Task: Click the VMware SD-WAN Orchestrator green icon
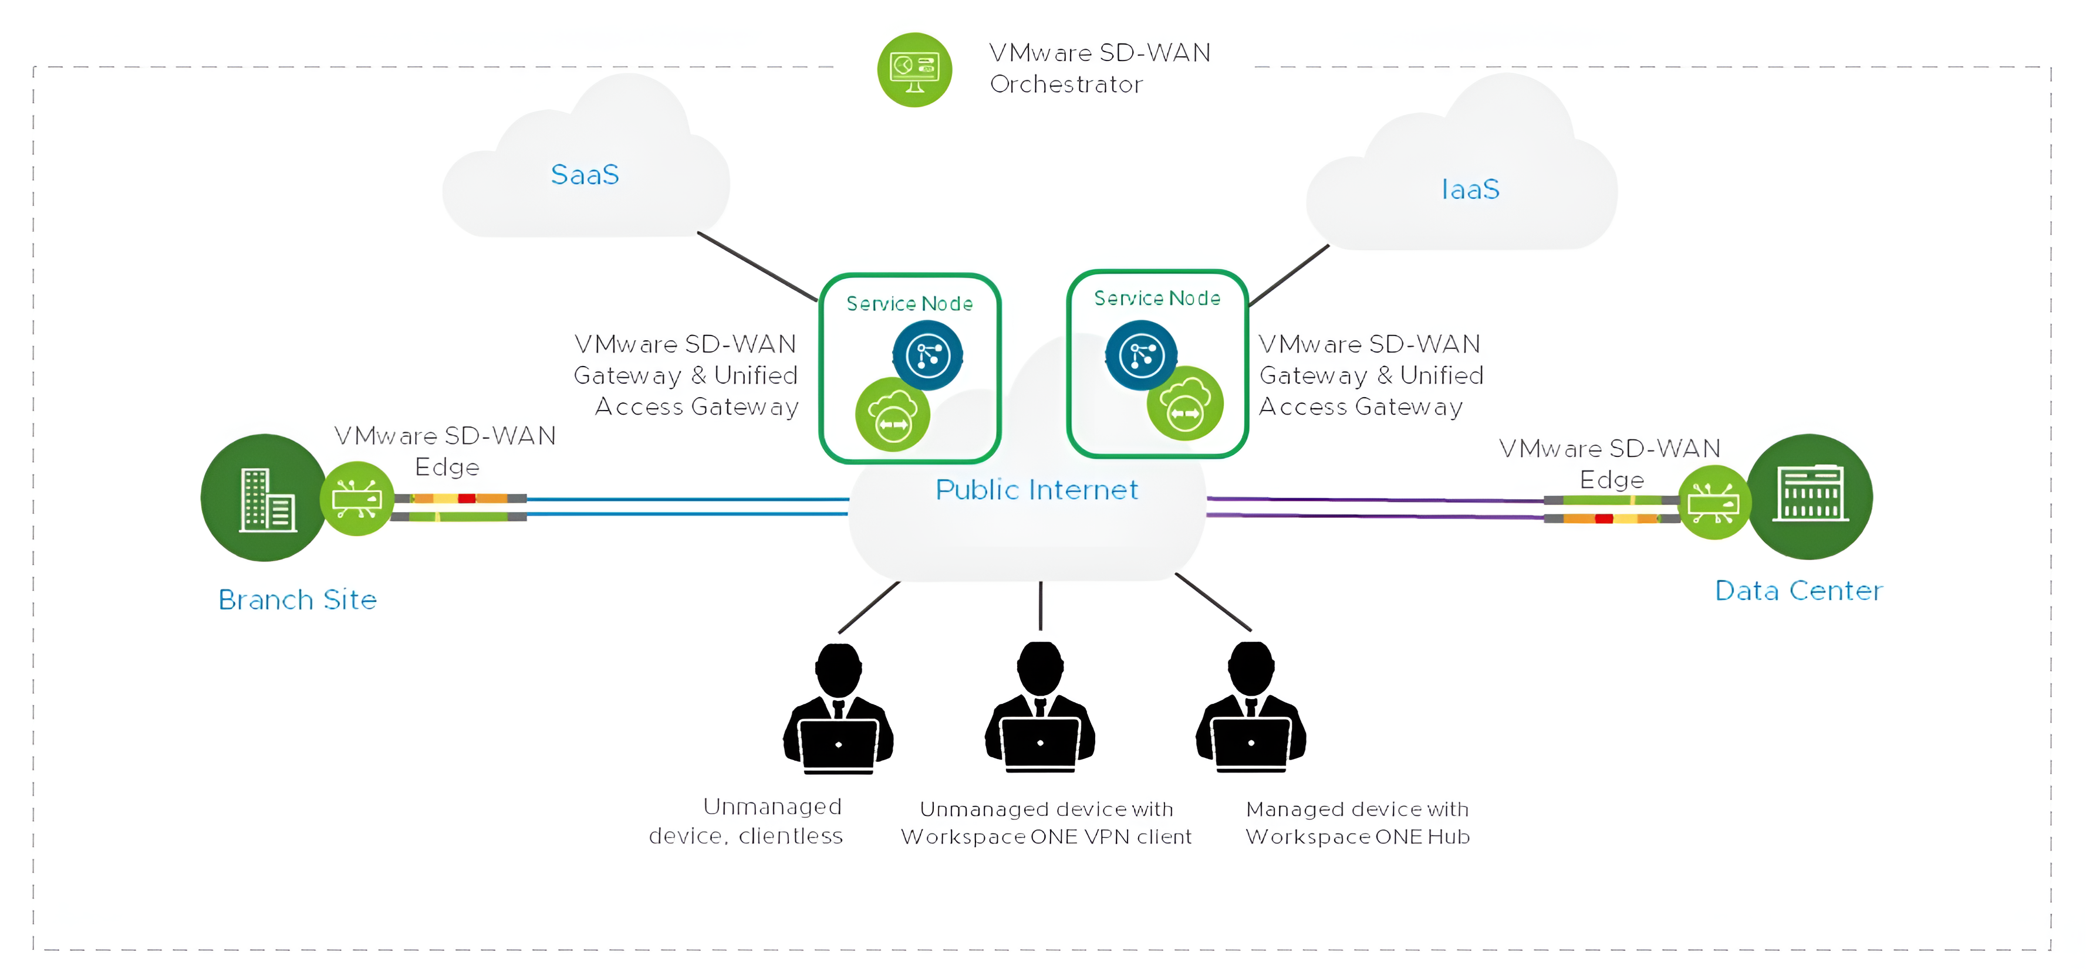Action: click(x=914, y=70)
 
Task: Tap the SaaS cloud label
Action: click(x=585, y=175)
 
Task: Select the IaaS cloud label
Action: click(x=1470, y=189)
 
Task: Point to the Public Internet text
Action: click(x=1037, y=490)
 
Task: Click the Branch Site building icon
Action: click(x=265, y=498)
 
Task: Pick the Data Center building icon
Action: click(x=1811, y=496)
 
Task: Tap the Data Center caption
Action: click(x=1798, y=591)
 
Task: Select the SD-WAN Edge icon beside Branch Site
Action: click(x=357, y=499)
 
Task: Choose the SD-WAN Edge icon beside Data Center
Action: click(x=1714, y=503)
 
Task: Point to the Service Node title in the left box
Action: click(x=909, y=304)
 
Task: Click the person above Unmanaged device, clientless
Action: click(x=838, y=709)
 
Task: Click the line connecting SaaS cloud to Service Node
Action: click(x=757, y=266)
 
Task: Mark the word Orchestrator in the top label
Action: click(x=1066, y=84)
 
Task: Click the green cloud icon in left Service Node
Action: click(x=892, y=415)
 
